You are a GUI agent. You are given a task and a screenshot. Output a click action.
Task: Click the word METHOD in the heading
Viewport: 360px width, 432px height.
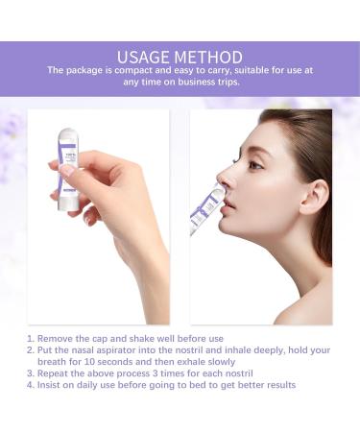point(211,57)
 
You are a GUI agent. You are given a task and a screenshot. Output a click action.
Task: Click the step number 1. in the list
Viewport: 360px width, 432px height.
point(31,339)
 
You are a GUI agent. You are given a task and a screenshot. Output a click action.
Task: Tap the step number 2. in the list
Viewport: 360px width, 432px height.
point(31,350)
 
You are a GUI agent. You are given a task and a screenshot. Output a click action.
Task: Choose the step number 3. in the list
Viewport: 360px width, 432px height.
point(31,373)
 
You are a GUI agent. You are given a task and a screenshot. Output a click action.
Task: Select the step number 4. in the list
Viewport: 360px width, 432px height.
point(31,385)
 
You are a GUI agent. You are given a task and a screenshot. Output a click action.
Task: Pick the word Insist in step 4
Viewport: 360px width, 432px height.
point(53,385)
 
